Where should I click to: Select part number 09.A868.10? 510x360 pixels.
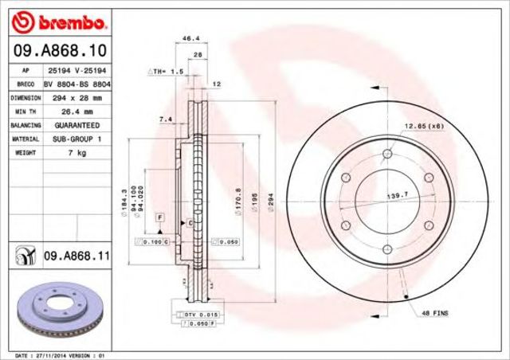[60, 51]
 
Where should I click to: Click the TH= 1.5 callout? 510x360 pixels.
[166, 72]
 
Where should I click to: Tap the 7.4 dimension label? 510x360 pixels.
[166, 119]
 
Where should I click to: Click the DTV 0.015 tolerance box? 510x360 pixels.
[197, 315]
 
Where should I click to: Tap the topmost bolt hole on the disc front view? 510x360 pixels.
[387, 154]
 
